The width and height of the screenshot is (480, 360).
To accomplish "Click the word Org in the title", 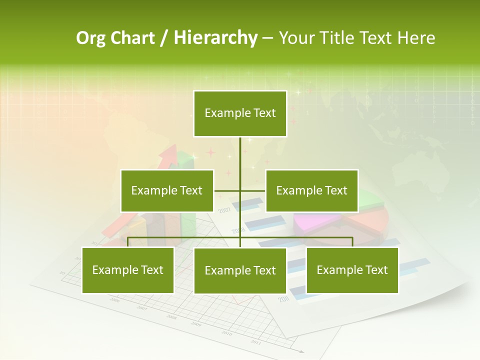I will [90, 38].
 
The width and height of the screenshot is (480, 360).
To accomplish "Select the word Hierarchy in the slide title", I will [215, 38].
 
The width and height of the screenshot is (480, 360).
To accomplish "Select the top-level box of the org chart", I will [240, 113].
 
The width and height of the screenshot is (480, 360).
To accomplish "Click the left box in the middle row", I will [167, 190].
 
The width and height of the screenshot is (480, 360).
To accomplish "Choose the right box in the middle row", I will [311, 190].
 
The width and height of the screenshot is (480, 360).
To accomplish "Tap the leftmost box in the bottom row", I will [128, 270].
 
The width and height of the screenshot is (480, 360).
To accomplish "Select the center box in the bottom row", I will [240, 270].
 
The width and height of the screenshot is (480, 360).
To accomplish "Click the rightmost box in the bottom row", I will [352, 270].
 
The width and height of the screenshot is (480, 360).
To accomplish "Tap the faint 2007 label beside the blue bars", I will [224, 210].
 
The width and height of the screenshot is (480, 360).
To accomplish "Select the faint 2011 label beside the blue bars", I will [283, 299].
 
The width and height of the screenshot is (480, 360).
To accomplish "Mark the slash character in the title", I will [163, 38].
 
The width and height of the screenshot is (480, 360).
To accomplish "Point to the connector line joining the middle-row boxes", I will [240, 190].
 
